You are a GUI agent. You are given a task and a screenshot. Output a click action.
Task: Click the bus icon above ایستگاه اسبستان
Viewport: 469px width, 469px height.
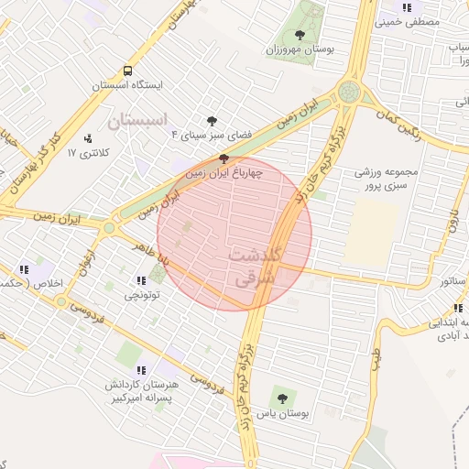click(127, 71)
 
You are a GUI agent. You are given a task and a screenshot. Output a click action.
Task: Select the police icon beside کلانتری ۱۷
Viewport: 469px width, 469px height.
click(88, 138)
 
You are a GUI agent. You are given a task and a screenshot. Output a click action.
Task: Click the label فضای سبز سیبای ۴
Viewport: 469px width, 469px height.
click(212, 135)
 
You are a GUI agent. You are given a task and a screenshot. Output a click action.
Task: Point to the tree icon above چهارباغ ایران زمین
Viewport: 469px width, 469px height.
click(224, 158)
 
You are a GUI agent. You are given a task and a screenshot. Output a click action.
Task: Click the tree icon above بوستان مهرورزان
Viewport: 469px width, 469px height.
click(300, 35)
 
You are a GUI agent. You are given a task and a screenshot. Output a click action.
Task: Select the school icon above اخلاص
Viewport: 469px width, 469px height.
click(24, 268)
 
